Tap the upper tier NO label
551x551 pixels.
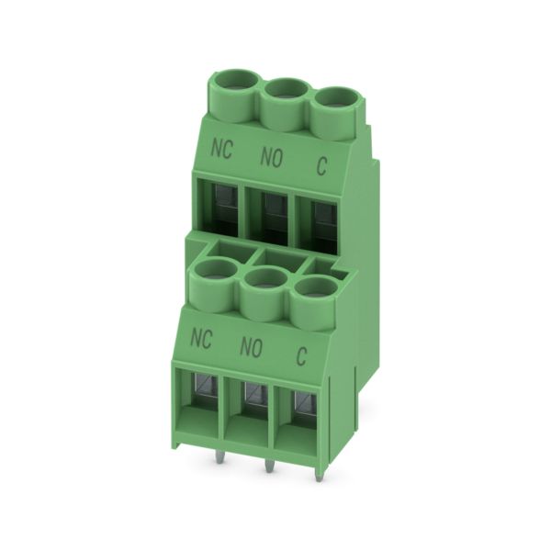[271, 157]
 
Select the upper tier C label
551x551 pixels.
[321, 166]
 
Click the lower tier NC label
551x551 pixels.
[201, 338]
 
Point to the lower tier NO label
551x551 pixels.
[251, 347]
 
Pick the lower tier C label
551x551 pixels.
[301, 356]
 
